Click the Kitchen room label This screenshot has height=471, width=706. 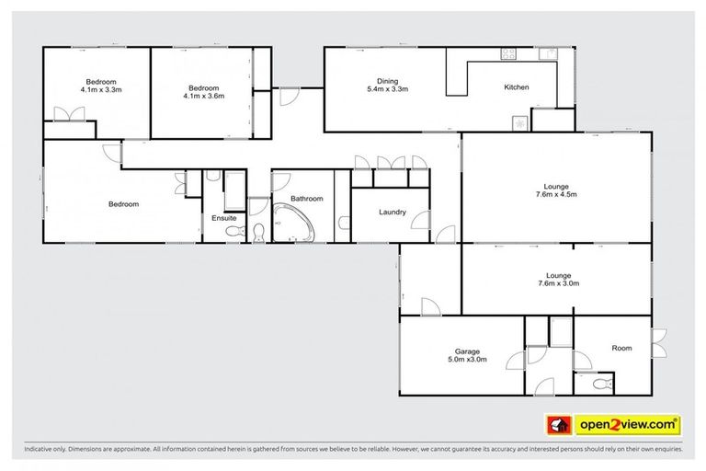[x=516, y=88]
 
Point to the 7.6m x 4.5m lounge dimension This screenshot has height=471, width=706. [x=555, y=195]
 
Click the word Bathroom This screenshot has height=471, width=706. [x=306, y=199]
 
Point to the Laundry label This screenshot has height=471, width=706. [x=393, y=213]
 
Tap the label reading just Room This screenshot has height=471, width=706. [x=622, y=348]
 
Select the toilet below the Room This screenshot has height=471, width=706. [x=599, y=383]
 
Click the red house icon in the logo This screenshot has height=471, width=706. [x=557, y=425]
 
